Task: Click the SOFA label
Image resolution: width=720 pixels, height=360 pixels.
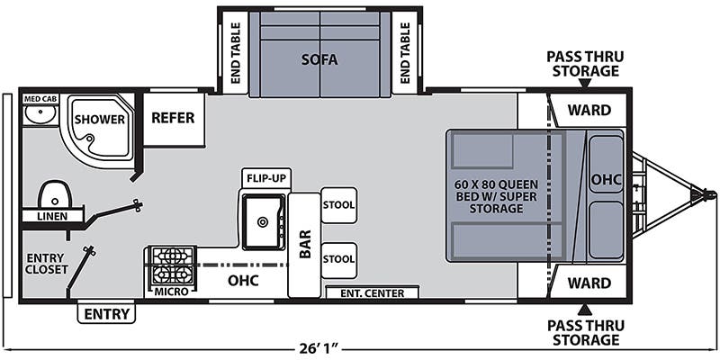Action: click(x=319, y=61)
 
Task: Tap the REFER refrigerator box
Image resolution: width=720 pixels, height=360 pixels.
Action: click(x=174, y=117)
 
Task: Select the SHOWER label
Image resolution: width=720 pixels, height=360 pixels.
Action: click(x=94, y=119)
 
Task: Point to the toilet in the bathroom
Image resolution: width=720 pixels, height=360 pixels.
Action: click(x=55, y=193)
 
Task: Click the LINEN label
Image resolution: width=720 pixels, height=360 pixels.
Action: click(x=51, y=217)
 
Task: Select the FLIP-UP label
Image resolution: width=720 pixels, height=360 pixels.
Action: click(x=265, y=178)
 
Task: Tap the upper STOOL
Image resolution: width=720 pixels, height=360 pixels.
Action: click(x=338, y=205)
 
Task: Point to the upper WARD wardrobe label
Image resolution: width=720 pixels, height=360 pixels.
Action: click(x=589, y=111)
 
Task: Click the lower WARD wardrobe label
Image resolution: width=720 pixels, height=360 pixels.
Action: click(x=589, y=283)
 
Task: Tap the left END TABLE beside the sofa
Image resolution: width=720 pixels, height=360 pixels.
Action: click(x=236, y=52)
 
